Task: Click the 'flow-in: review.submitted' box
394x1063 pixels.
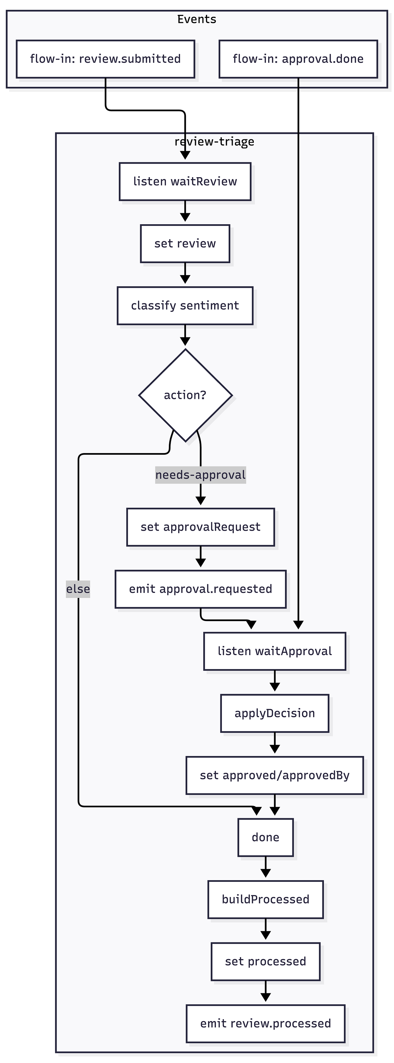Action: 105,59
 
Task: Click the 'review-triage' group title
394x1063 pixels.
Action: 214,141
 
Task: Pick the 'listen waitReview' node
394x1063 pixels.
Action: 185,181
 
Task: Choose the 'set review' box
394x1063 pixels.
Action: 185,243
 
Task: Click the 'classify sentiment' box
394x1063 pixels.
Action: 185,305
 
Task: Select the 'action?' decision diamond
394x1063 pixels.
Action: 185,395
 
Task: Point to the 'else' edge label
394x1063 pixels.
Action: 78,589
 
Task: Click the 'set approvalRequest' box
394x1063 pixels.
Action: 200,527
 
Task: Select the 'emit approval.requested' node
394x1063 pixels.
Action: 200,589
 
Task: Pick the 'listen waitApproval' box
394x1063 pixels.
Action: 275,651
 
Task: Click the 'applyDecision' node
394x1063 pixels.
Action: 275,713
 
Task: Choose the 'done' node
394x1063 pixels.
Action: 265,837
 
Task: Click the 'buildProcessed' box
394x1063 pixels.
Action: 265,899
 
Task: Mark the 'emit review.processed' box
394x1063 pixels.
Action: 265,1024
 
